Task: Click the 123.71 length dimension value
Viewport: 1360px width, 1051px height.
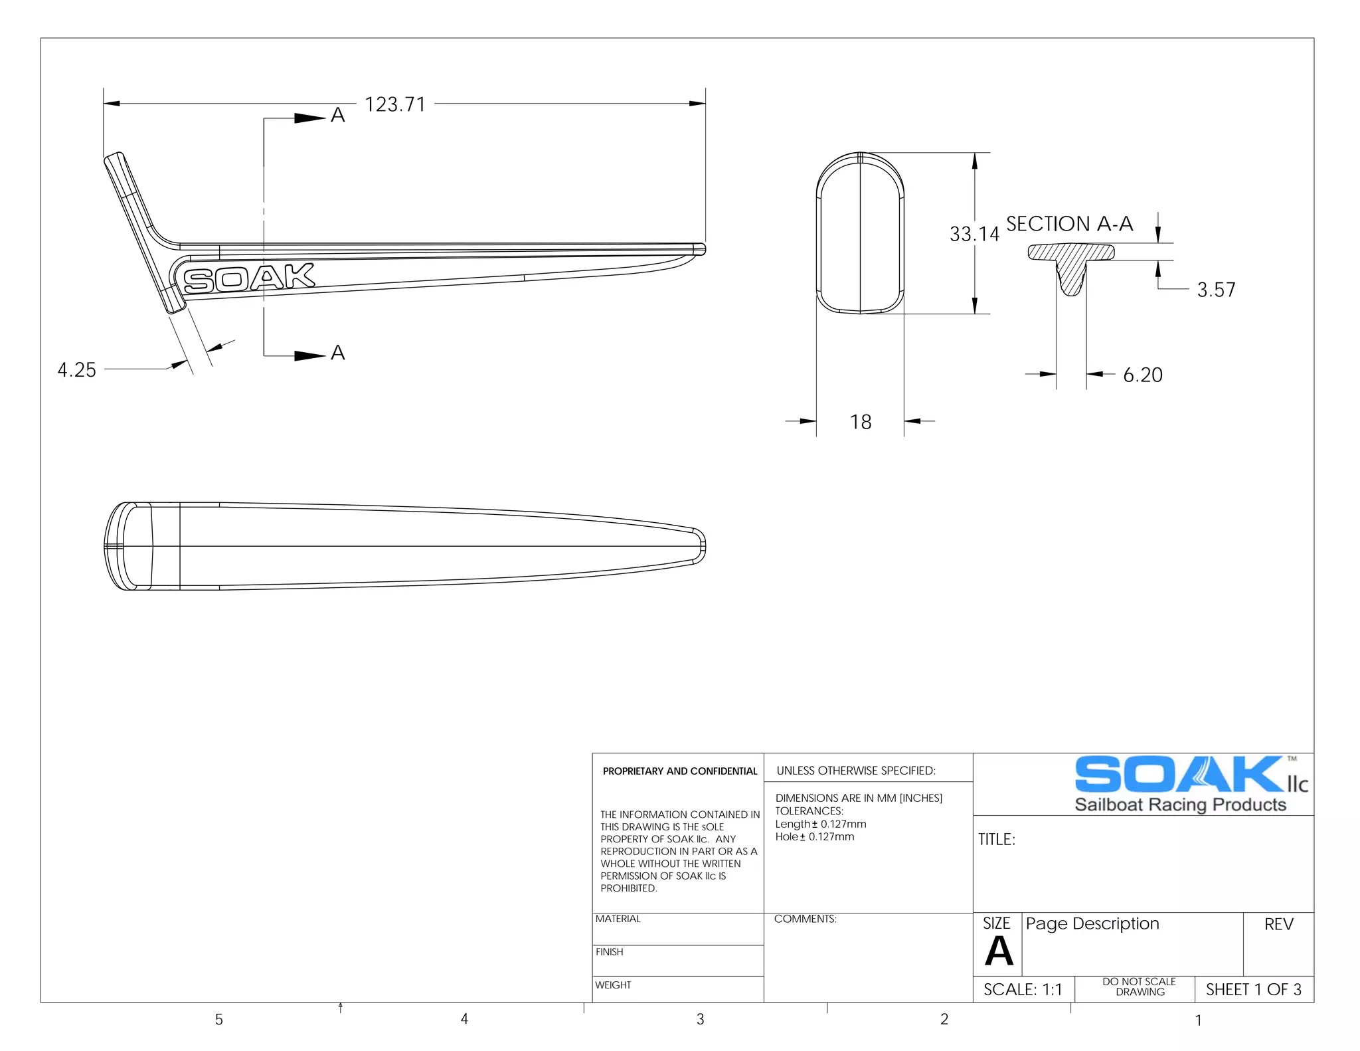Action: point(395,104)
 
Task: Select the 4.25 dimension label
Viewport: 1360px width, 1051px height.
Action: point(76,369)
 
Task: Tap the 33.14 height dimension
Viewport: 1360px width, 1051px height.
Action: point(974,234)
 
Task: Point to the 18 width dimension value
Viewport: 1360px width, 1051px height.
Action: point(861,422)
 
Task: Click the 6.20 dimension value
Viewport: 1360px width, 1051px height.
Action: point(1142,375)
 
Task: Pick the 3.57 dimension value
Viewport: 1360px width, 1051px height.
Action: point(1215,290)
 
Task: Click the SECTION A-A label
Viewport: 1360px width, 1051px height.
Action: point(1069,224)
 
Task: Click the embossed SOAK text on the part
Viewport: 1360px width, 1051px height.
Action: point(248,278)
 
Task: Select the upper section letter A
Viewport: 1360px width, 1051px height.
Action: point(338,116)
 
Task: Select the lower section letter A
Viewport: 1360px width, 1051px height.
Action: point(338,353)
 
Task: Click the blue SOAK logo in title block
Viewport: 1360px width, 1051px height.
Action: point(1179,775)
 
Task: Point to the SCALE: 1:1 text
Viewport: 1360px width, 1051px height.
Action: point(1023,989)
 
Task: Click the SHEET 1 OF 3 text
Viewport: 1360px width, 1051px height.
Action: point(1253,989)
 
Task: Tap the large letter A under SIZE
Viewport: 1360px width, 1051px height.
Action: point(999,951)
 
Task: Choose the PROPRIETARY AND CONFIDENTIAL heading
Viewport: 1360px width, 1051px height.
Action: point(679,771)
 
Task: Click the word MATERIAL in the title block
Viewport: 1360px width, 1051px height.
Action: point(618,919)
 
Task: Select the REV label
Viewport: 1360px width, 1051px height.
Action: point(1278,924)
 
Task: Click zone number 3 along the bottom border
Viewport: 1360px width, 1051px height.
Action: point(700,1019)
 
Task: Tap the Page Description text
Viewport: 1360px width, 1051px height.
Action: point(1092,923)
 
